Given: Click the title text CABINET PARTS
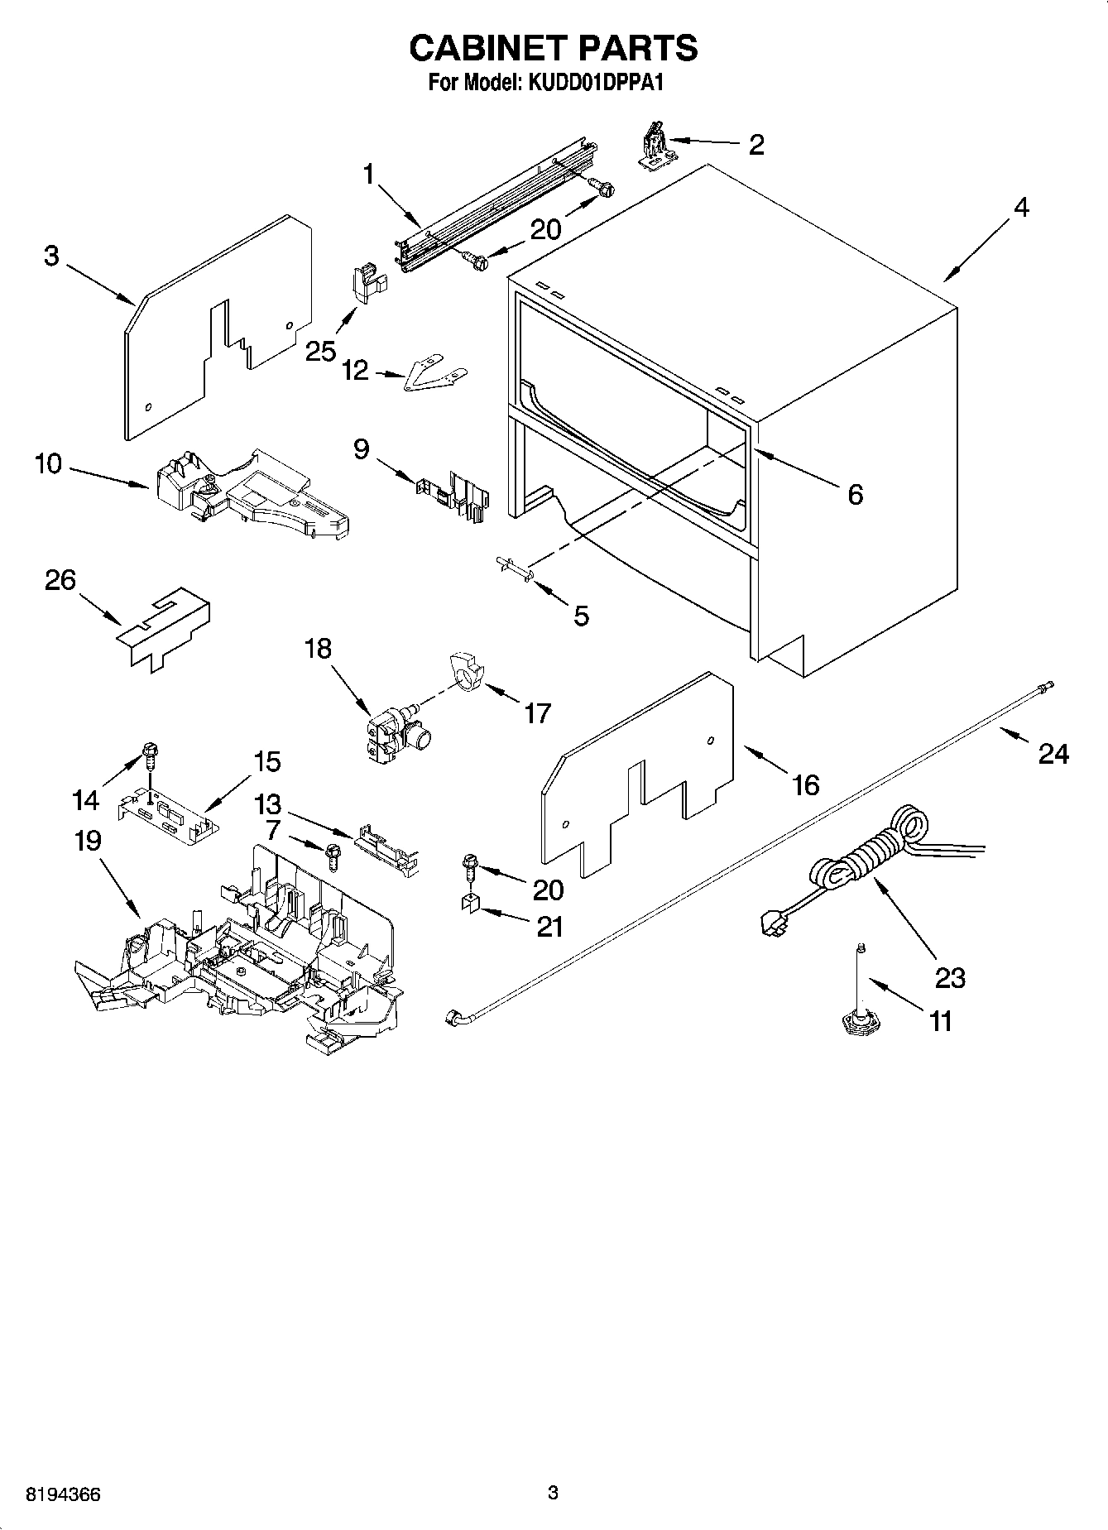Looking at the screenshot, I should point(553,48).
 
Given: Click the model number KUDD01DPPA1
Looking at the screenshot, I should point(590,84).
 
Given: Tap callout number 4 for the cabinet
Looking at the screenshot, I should point(1021,208).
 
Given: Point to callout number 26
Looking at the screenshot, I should point(60,580).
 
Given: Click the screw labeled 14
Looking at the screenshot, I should point(151,752).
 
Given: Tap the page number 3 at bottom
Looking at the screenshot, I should point(553,1493).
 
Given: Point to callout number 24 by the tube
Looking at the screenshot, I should point(1053,754).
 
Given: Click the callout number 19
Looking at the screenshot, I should point(88,841).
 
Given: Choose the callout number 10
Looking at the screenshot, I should point(48,464).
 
